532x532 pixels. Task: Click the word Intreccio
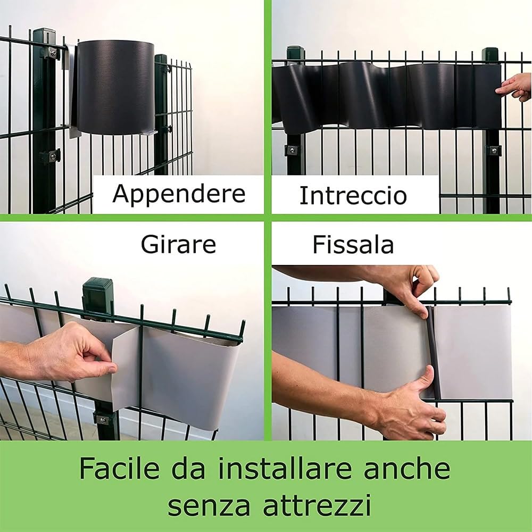[353, 196]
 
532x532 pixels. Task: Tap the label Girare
[178, 245]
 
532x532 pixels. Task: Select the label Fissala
[353, 245]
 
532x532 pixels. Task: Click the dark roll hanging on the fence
[114, 88]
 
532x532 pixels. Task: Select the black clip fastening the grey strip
[433, 351]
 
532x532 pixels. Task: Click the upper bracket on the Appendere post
[51, 52]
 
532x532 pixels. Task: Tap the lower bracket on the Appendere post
[51, 157]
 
